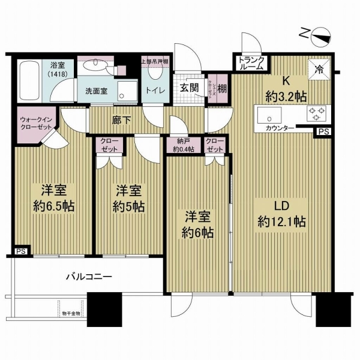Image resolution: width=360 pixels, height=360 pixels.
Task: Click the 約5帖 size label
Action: tap(128, 207)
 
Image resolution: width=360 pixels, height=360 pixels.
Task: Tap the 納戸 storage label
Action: tap(183, 146)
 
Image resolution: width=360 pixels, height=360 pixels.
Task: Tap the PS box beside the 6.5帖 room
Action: tap(21, 252)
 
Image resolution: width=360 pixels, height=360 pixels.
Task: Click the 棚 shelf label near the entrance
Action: tap(223, 88)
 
